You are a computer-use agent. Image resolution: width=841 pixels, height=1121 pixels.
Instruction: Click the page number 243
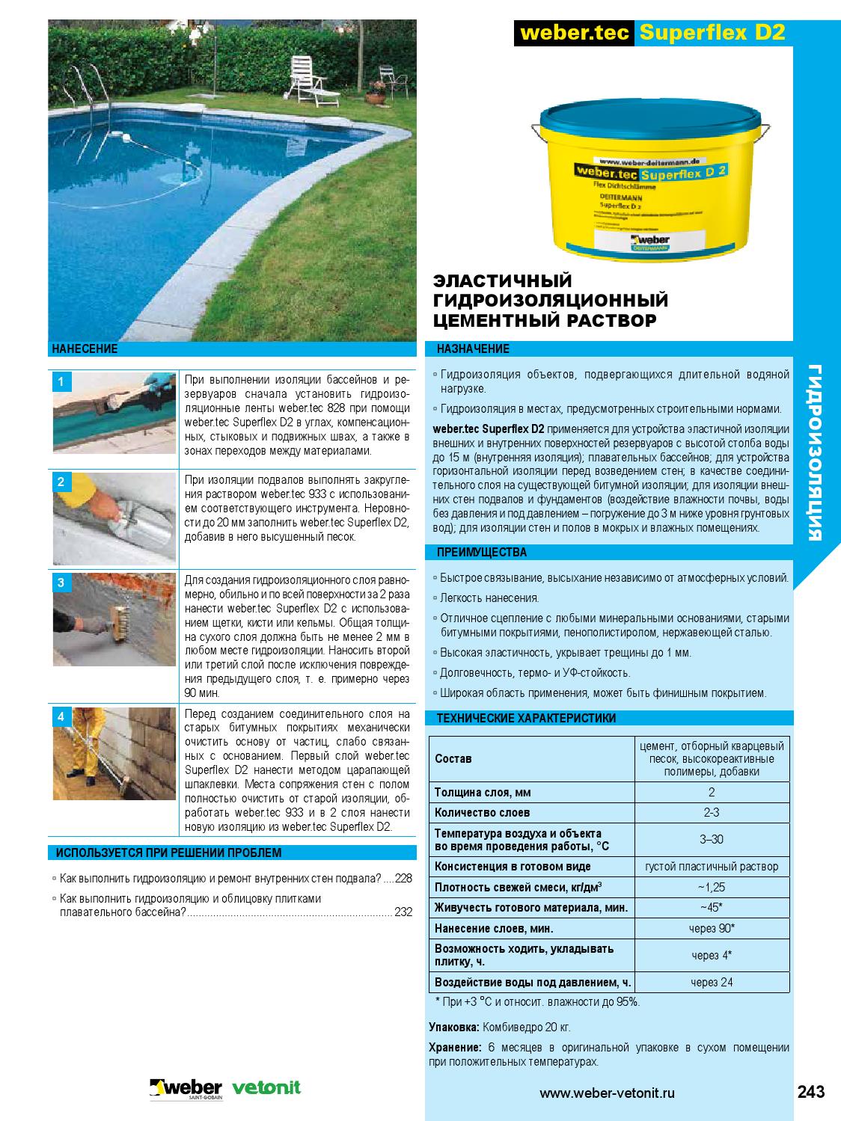(810, 1092)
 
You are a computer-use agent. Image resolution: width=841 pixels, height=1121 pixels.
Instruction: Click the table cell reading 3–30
(711, 839)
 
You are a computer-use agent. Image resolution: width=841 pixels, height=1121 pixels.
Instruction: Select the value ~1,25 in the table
(711, 888)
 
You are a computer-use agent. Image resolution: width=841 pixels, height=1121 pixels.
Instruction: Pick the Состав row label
(453, 759)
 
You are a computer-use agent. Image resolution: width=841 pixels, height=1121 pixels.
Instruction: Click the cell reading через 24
(711, 982)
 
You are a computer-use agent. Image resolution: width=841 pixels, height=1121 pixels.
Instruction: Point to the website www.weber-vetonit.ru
(607, 1093)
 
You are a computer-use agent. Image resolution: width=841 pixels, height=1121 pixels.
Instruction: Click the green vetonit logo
(267, 1087)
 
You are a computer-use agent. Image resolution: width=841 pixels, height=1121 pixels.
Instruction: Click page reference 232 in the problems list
(403, 912)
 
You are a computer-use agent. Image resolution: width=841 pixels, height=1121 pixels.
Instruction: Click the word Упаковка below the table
(454, 1027)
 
